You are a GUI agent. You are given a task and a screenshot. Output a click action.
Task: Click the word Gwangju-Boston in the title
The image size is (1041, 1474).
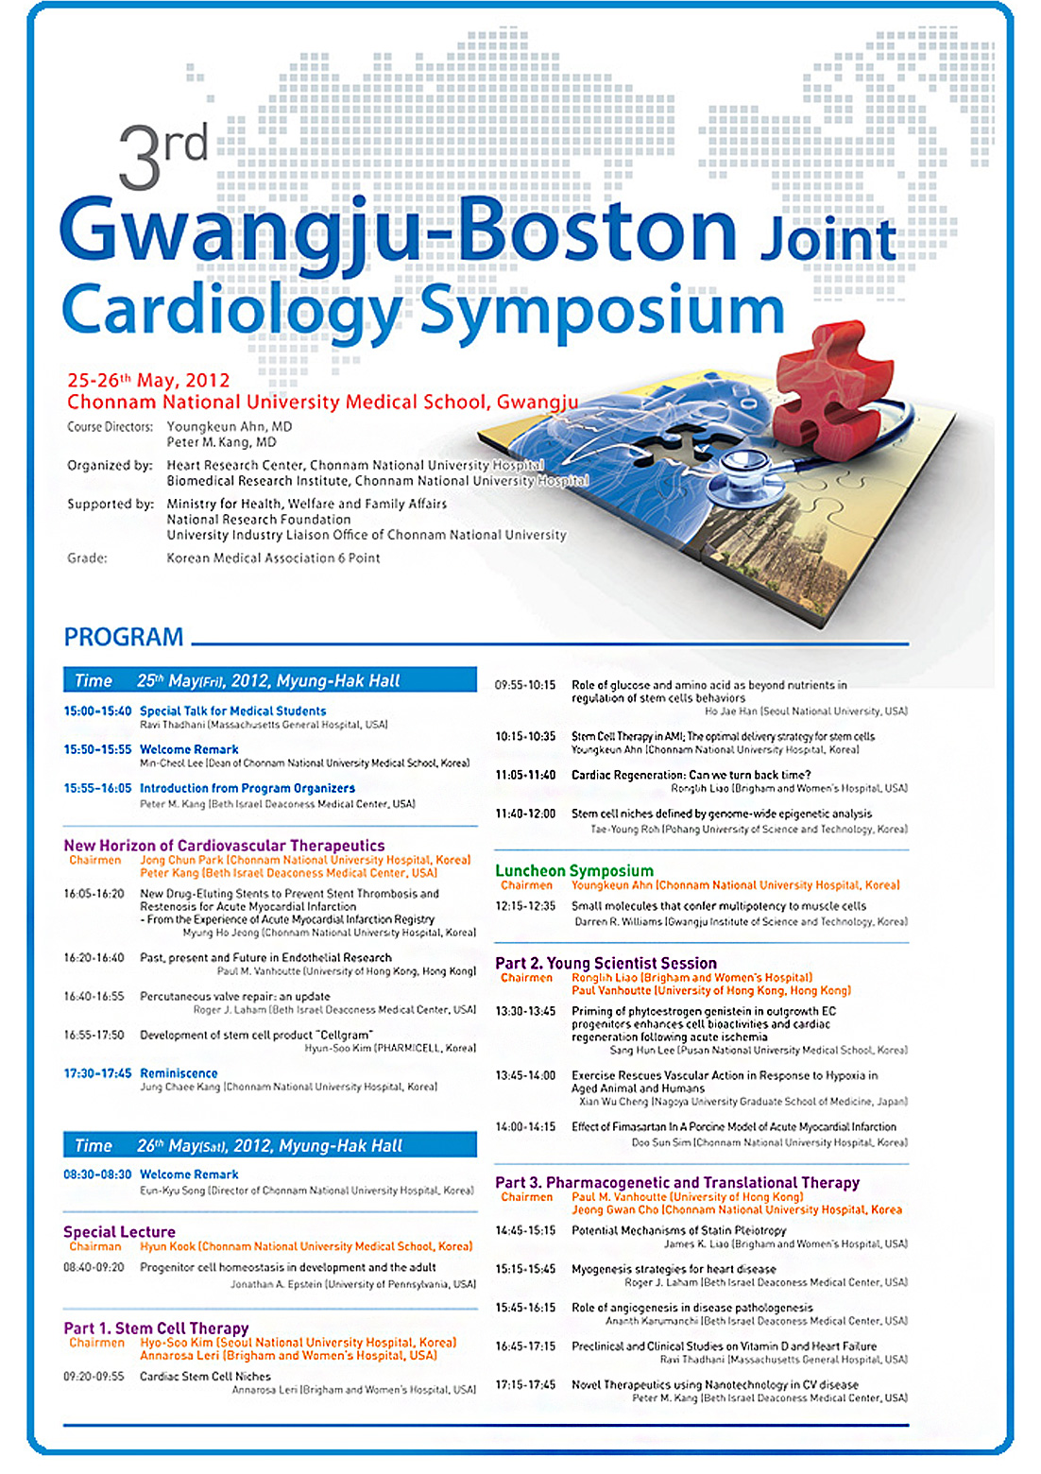tap(398, 231)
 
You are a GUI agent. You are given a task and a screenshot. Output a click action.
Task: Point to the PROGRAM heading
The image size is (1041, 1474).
tap(124, 637)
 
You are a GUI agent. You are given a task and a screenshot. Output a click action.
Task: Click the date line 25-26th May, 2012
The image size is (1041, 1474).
tap(148, 380)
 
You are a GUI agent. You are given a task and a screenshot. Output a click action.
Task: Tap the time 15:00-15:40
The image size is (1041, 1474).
tap(97, 711)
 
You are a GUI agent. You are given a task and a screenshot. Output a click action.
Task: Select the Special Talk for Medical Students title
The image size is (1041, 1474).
tap(232, 711)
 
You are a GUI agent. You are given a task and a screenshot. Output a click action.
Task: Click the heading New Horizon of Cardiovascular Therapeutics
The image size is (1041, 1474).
tap(224, 845)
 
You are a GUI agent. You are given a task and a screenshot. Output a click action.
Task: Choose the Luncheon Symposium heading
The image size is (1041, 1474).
tap(574, 870)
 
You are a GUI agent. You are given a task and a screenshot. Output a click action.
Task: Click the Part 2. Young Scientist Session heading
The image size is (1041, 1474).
tap(606, 963)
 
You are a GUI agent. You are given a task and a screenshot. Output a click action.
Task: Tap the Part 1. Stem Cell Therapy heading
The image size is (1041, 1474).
tap(156, 1328)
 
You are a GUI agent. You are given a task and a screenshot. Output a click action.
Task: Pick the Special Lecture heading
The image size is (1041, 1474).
tap(119, 1231)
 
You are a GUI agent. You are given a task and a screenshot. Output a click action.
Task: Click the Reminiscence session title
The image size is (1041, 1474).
tap(179, 1073)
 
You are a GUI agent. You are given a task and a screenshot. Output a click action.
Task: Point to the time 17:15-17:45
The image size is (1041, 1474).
tap(525, 1384)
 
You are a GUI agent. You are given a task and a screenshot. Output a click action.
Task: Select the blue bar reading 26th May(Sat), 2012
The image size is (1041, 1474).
tap(270, 1145)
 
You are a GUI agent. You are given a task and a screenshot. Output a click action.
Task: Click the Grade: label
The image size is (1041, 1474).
tap(87, 558)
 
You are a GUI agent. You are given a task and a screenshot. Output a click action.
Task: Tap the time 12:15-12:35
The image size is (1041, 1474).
tap(525, 905)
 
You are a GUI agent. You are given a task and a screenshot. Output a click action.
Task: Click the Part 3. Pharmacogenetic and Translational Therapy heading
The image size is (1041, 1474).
tap(677, 1182)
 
